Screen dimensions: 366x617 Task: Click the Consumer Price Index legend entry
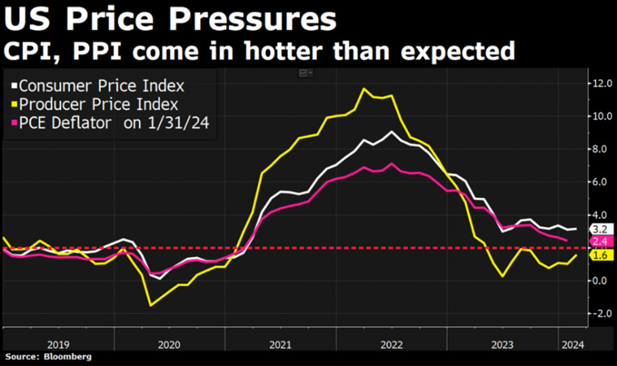click(101, 86)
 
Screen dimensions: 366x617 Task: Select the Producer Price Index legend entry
click(98, 104)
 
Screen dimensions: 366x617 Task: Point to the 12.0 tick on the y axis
click(603, 83)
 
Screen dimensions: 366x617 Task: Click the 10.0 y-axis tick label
click(603, 116)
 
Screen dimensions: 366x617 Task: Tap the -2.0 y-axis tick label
click(603, 314)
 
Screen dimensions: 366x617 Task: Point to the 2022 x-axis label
click(391, 344)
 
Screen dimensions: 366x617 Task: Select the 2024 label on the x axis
click(569, 344)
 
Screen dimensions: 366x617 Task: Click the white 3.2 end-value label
click(599, 230)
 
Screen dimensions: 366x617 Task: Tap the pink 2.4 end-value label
click(599, 241)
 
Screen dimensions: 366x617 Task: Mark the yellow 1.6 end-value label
click(599, 256)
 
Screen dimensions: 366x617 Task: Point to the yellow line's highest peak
click(364, 89)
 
